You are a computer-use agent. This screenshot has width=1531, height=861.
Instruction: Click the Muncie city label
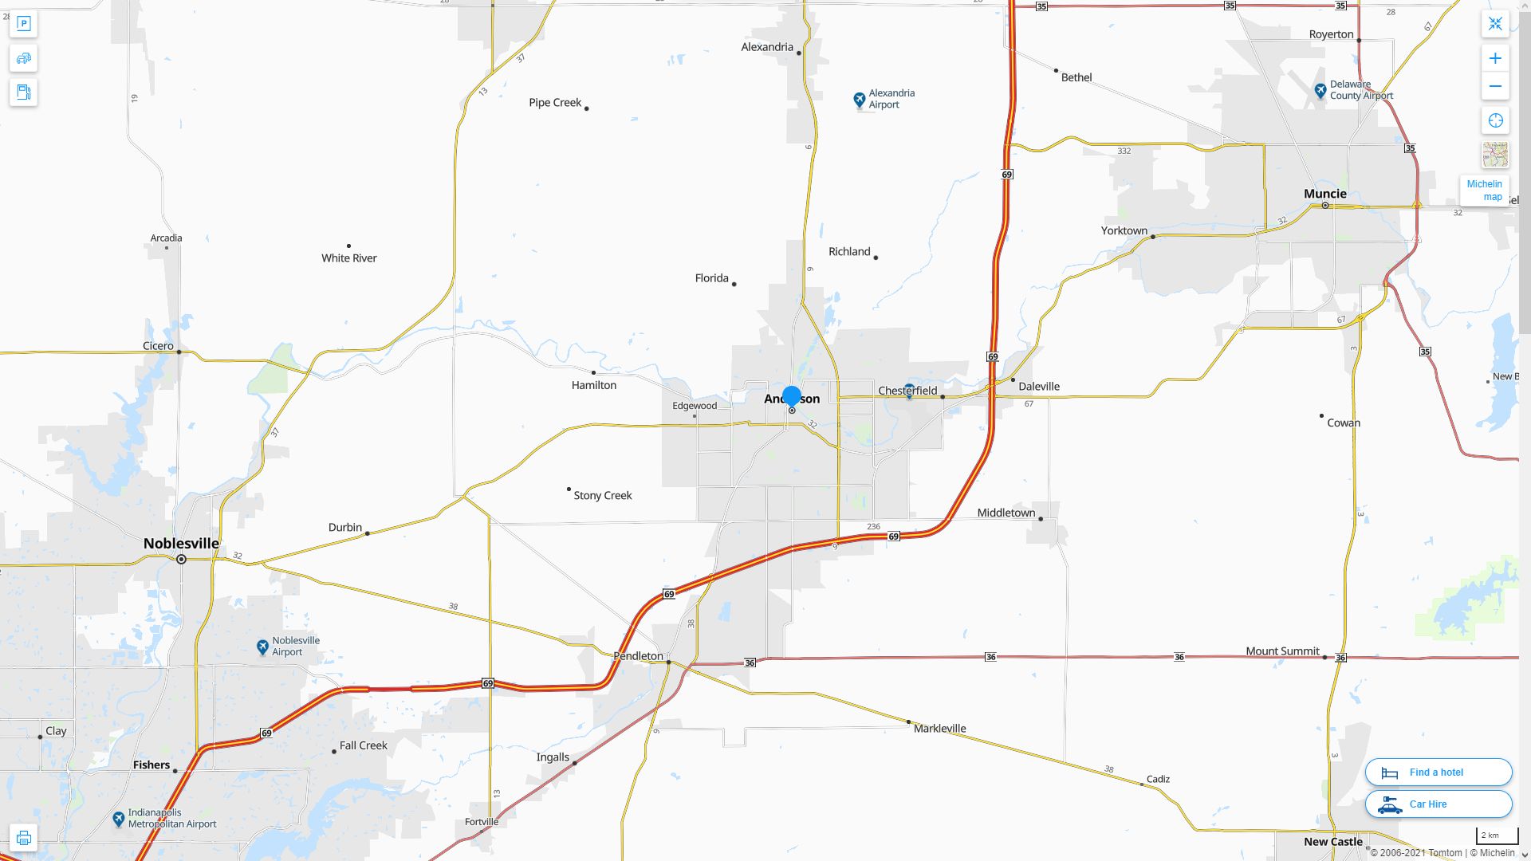point(1324,194)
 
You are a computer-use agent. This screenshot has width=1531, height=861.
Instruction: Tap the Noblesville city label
point(181,544)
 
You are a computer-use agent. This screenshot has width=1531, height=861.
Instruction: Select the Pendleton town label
point(638,656)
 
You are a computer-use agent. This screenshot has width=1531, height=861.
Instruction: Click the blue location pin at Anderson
point(792,396)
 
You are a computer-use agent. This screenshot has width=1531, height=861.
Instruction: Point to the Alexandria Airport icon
point(859,100)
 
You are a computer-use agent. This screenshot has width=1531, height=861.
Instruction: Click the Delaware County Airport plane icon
point(1320,90)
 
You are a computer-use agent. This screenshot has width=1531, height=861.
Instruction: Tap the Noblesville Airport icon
point(262,647)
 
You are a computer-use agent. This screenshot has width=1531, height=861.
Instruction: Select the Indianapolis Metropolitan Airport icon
point(118,819)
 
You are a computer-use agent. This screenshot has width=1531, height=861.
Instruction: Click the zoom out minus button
point(1495,86)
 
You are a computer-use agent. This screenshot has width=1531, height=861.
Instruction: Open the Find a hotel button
point(1438,773)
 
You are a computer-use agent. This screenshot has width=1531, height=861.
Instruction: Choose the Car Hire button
point(1438,804)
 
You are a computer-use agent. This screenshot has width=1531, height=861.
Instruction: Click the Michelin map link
point(1484,191)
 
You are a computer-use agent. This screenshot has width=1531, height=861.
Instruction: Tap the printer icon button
point(23,838)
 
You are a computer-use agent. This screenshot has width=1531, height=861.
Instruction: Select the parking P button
point(23,24)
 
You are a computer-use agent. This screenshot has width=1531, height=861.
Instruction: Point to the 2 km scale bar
point(1496,835)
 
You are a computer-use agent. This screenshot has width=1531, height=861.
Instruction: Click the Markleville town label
point(939,729)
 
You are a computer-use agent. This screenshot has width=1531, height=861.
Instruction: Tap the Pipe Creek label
point(555,103)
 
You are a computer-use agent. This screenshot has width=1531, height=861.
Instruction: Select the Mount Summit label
point(1282,651)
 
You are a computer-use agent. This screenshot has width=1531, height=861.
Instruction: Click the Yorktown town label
point(1124,231)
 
